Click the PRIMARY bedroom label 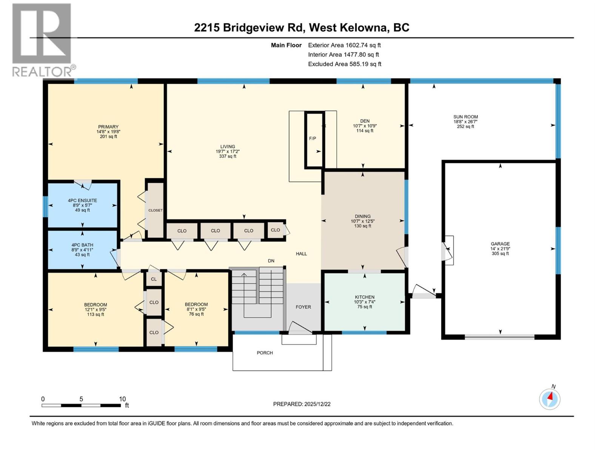point(108,127)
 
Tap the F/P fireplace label point(313,139)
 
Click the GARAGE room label point(500,244)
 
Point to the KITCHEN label point(365,297)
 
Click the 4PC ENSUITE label point(82,200)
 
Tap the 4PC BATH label point(82,245)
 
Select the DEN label point(365,121)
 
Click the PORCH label point(265,353)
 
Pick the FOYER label point(303,307)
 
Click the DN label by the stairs point(271,261)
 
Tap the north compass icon point(550,399)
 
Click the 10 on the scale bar point(122,399)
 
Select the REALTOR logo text point(44,71)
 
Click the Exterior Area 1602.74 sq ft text point(344,45)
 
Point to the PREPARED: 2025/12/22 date point(302,404)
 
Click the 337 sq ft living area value point(228,156)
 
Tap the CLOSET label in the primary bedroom point(155,210)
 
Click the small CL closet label point(154,279)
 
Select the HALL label point(301,254)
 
